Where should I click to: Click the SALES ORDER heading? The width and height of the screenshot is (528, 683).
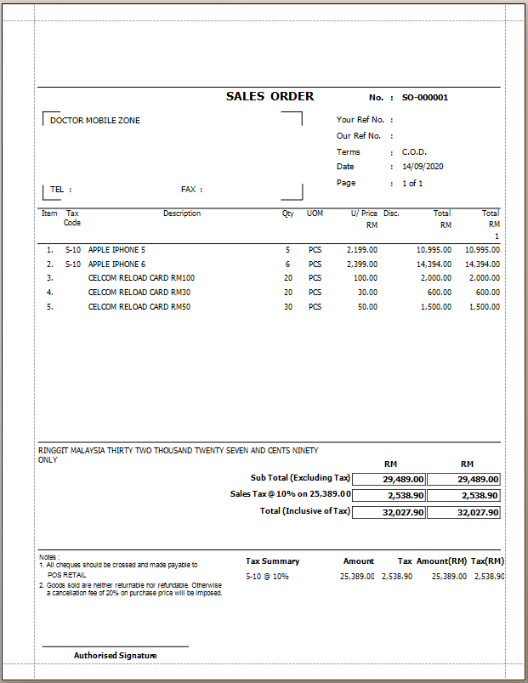click(x=270, y=96)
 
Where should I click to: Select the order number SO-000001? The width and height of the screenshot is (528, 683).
click(x=424, y=97)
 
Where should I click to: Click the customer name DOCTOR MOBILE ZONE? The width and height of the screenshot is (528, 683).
click(x=95, y=121)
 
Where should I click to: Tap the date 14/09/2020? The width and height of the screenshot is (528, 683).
click(x=423, y=167)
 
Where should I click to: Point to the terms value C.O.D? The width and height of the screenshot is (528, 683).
click(x=414, y=151)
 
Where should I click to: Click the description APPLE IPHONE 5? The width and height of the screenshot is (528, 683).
click(x=116, y=250)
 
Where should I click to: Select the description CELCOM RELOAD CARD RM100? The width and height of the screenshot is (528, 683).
click(x=141, y=278)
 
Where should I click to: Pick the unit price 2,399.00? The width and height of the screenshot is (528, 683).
click(x=362, y=265)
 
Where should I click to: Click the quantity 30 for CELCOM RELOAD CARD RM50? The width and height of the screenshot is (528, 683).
click(x=287, y=306)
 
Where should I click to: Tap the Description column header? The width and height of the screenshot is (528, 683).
click(x=182, y=213)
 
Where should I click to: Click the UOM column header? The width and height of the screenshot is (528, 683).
click(x=315, y=213)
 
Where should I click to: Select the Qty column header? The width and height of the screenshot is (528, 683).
click(x=287, y=213)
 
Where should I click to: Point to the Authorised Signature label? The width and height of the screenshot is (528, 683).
click(x=115, y=655)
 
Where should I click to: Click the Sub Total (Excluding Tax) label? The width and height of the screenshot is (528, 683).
click(x=300, y=478)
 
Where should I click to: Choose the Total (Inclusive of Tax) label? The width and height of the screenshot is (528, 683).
click(x=304, y=511)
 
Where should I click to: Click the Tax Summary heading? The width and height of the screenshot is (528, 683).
click(x=272, y=561)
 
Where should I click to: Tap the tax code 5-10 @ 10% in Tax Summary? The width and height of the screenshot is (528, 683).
click(x=267, y=577)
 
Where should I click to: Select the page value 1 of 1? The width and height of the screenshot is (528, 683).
click(x=412, y=183)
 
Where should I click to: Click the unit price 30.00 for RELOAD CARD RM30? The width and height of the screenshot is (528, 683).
click(x=367, y=292)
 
